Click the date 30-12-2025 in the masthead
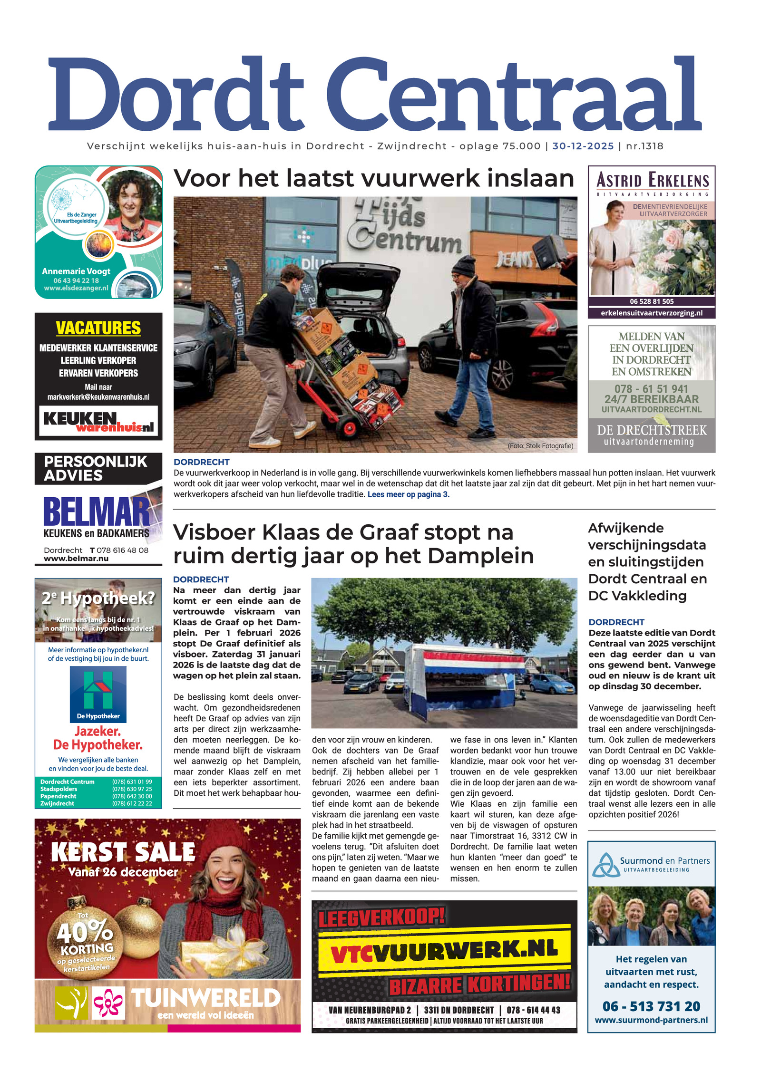(583, 146)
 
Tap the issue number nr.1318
(644, 146)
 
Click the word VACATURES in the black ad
(98, 328)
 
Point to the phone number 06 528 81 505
(652, 301)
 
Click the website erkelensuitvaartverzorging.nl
(652, 313)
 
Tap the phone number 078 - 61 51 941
(651, 389)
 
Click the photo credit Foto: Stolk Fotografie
(540, 446)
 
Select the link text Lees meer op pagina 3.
(408, 494)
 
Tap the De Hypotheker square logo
(98, 694)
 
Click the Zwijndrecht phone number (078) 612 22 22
(132, 803)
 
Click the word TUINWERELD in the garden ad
(205, 999)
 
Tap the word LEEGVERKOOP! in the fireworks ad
(381, 917)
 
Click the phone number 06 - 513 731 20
(651, 1006)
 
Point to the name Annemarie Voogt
(76, 271)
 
